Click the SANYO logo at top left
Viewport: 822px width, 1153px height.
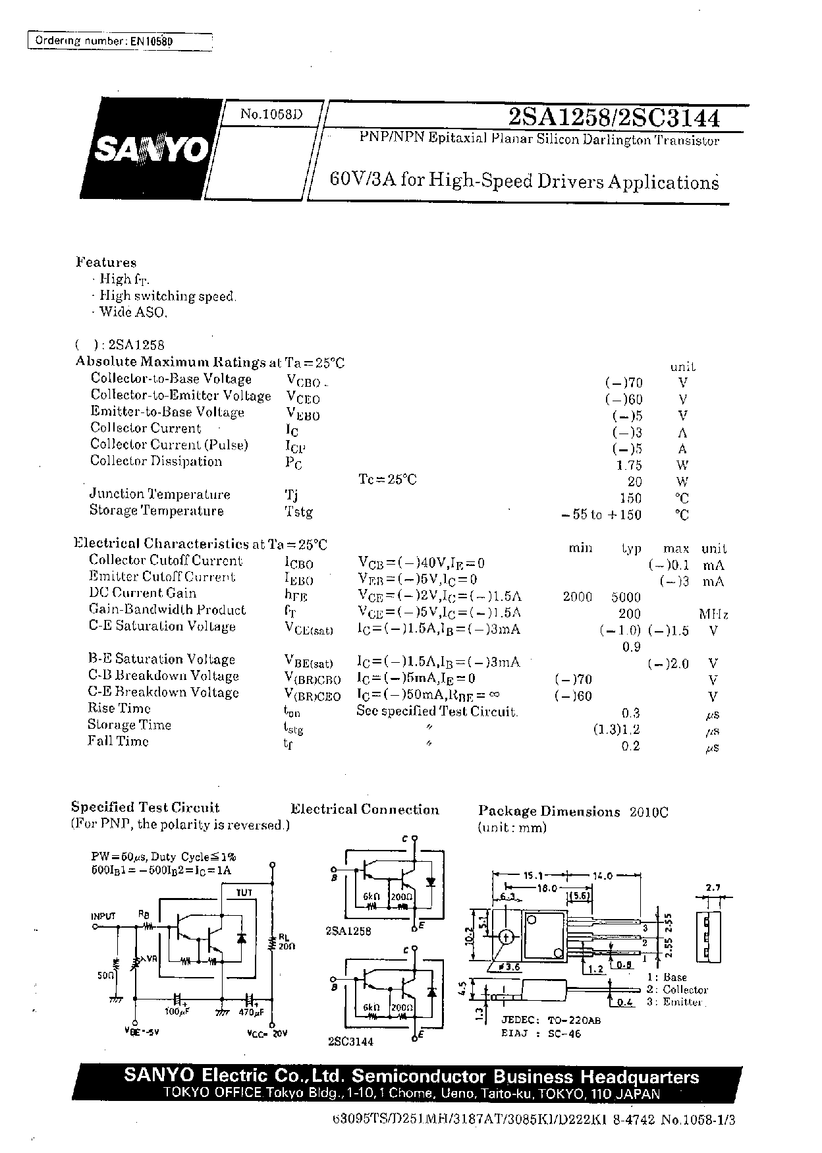point(152,150)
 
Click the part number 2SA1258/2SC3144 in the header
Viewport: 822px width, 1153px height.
point(614,118)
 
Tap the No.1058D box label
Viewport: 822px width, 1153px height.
point(271,113)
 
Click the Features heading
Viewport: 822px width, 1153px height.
point(106,262)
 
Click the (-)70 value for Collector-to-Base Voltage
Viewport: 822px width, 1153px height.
point(623,382)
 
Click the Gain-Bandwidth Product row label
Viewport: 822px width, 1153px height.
point(167,610)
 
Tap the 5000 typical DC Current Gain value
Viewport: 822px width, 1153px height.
point(625,597)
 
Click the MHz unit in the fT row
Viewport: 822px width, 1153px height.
point(713,614)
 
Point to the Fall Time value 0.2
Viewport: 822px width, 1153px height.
point(631,746)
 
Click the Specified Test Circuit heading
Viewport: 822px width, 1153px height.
point(145,808)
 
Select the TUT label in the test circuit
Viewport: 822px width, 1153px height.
point(244,892)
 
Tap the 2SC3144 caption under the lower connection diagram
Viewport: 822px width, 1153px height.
point(349,1042)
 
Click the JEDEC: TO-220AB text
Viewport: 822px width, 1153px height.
point(551,1020)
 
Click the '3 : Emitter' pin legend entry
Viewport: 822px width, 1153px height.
point(674,1002)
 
